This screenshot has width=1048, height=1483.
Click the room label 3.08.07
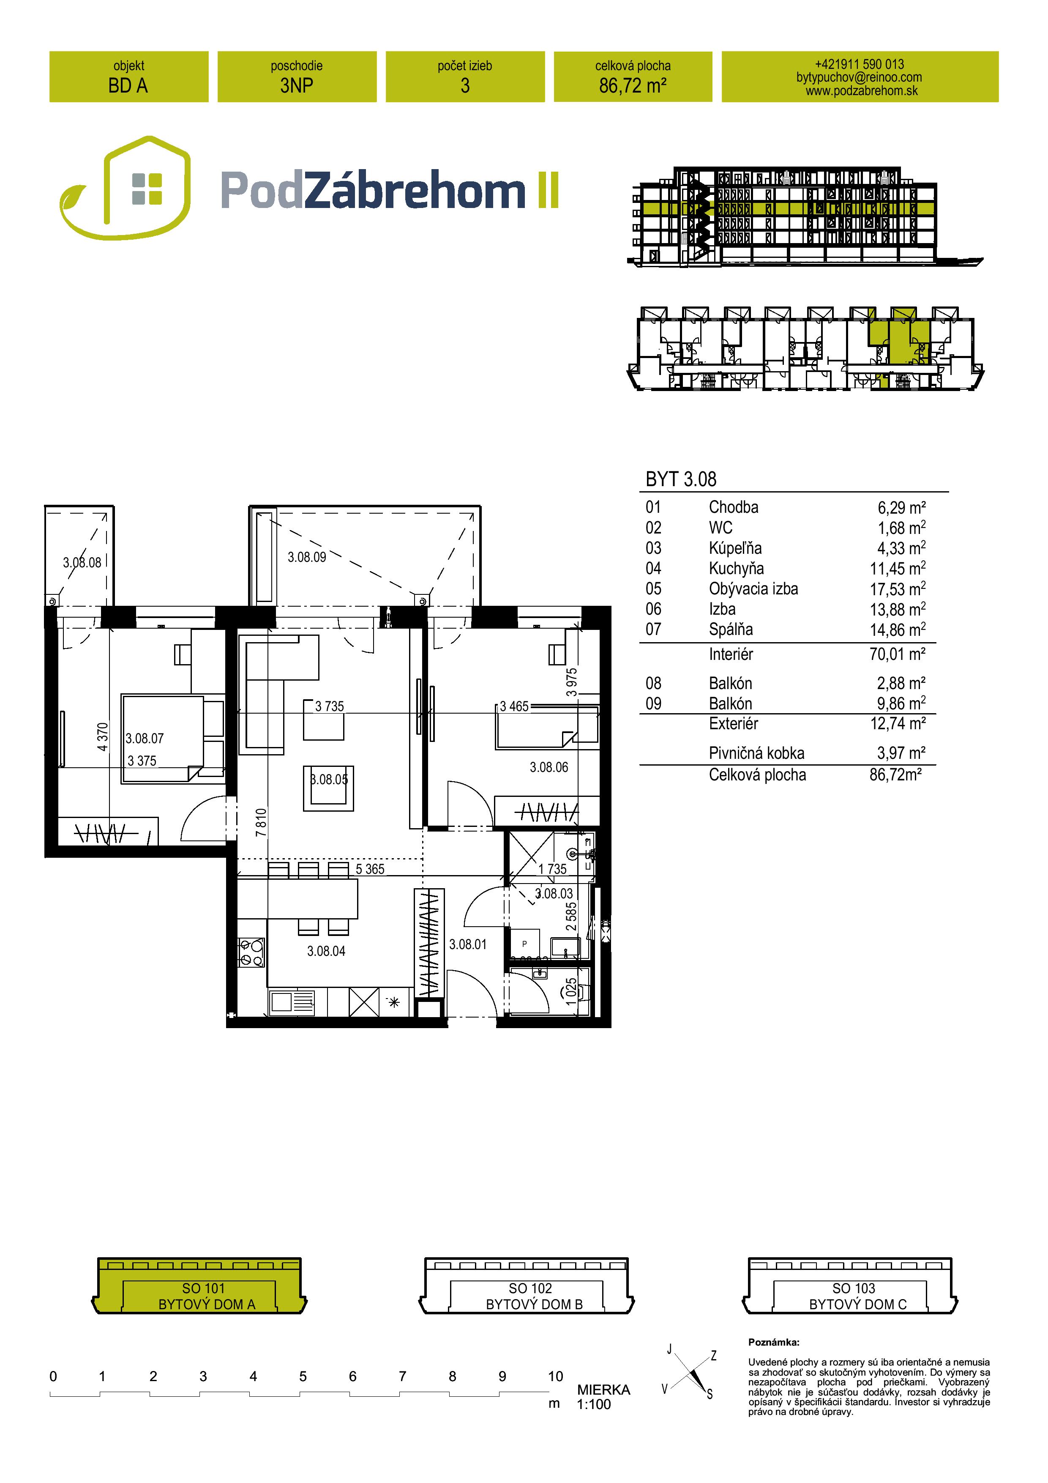145,738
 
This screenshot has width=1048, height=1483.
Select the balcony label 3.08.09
307,557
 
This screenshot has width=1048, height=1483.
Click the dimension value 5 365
370,870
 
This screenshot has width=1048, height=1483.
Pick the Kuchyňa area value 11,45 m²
898,569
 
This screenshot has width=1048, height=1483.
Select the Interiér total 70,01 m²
898,654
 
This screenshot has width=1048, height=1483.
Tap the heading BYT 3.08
681,479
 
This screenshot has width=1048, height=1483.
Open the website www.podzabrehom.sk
861,91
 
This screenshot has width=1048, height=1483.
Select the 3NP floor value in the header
297,86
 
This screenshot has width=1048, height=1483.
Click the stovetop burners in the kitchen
251,953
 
